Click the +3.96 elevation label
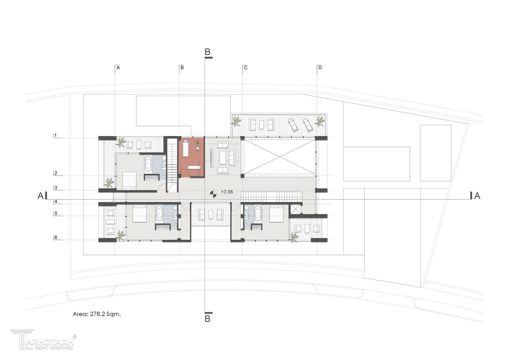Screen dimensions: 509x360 (x=227, y=192)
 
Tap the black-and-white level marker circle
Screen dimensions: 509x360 (x=213, y=194)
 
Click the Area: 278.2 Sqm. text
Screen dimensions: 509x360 (x=97, y=314)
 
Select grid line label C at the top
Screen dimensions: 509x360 (x=246, y=67)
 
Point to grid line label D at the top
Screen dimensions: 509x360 (x=320, y=67)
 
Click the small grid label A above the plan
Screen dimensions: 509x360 (x=118, y=67)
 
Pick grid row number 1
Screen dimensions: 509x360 (x=55, y=135)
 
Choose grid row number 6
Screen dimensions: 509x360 (x=56, y=237)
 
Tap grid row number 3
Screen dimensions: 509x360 (x=56, y=188)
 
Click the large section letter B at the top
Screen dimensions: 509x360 (x=207, y=52)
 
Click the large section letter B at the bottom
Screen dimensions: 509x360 (x=207, y=319)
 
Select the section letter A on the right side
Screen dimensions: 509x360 (x=477, y=196)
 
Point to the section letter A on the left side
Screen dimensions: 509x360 (x=40, y=196)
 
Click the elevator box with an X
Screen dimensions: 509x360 (x=295, y=209)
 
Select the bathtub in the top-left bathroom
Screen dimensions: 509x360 (x=148, y=163)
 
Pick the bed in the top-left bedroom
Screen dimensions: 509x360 (x=129, y=180)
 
